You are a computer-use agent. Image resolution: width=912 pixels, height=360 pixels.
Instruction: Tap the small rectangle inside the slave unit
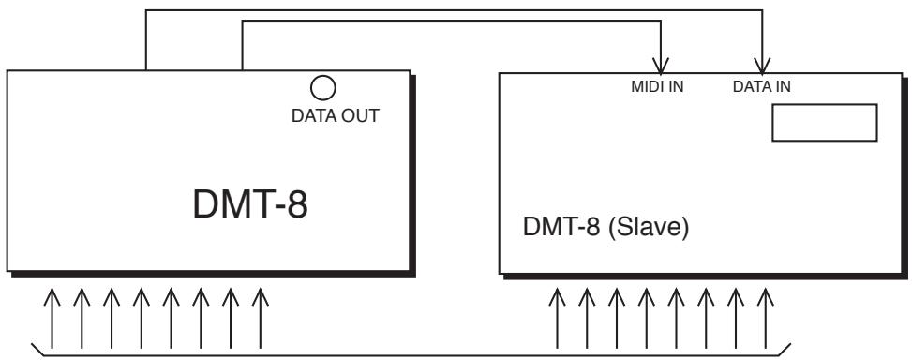[x=823, y=123]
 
